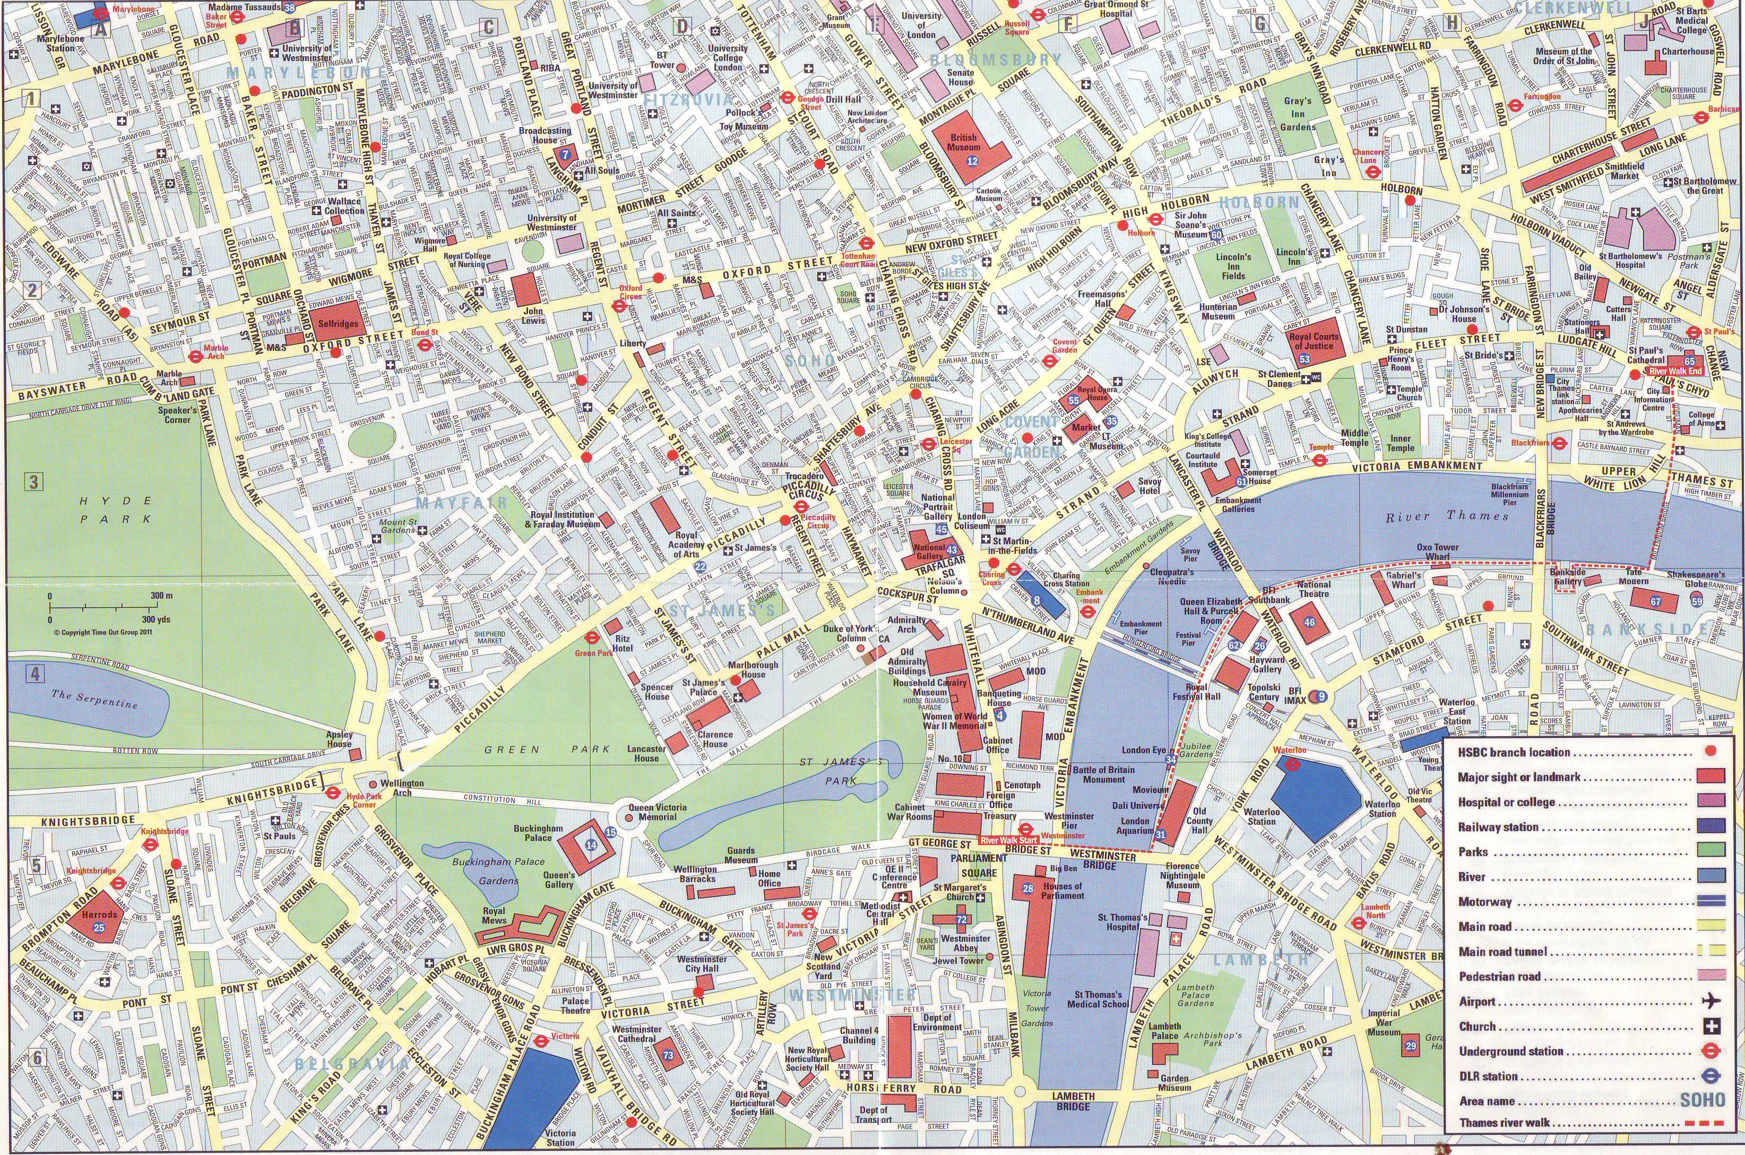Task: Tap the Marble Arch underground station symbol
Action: (196, 356)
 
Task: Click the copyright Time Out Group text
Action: (102, 631)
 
